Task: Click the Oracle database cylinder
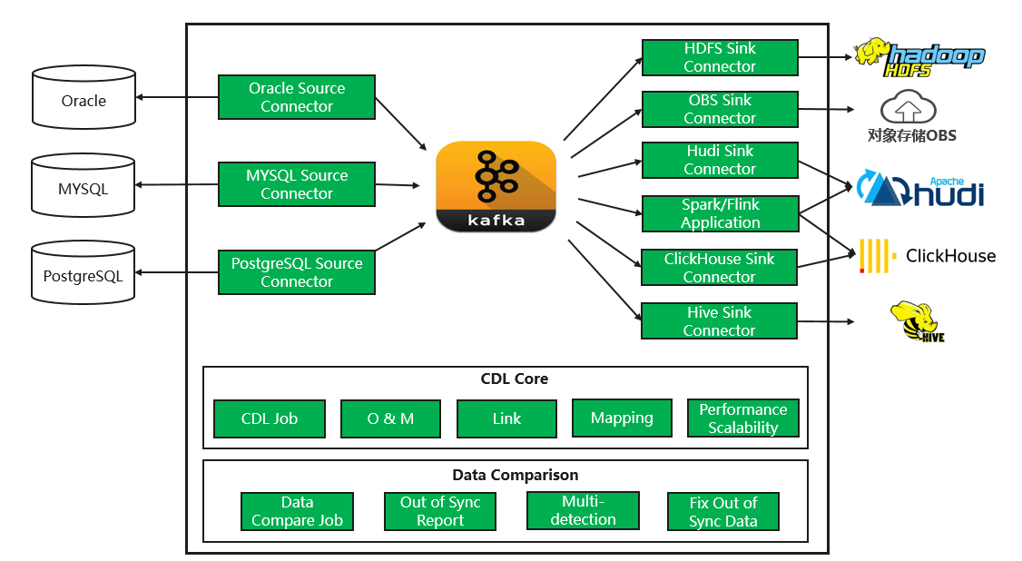click(84, 97)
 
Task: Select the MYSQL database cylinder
click(83, 186)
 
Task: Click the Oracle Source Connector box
click(297, 97)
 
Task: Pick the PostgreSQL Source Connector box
click(297, 272)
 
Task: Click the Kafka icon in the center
click(496, 186)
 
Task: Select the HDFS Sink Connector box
click(720, 57)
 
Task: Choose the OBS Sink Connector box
click(720, 109)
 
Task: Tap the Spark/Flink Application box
click(720, 213)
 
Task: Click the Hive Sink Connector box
click(719, 321)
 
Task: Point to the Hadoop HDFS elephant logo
click(919, 56)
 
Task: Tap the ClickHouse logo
click(927, 256)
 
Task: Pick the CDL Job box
click(270, 418)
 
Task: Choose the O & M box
click(390, 418)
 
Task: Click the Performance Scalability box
click(743, 418)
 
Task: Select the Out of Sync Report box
click(440, 511)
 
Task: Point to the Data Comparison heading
click(515, 475)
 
